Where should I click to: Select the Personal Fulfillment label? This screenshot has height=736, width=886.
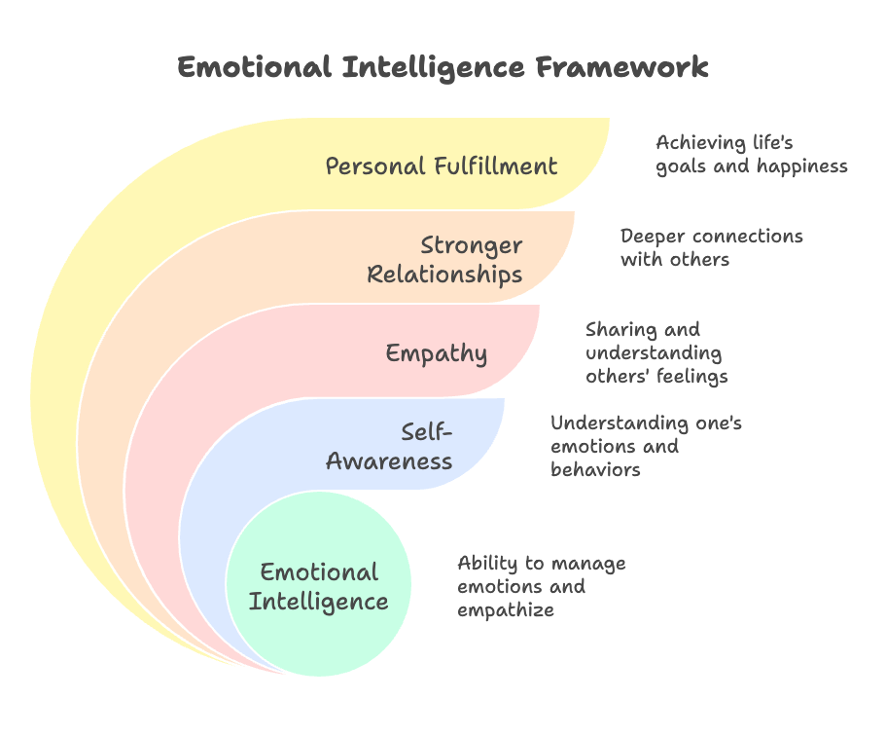[x=442, y=166]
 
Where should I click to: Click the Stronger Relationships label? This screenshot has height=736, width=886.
[x=444, y=260]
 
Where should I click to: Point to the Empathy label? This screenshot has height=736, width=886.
[x=436, y=352]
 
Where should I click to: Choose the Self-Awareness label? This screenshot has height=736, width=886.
[x=390, y=446]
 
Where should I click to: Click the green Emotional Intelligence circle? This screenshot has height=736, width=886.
[x=319, y=585]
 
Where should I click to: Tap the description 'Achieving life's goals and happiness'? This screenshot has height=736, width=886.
[x=751, y=155]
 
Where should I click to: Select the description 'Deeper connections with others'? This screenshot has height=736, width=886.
[x=711, y=247]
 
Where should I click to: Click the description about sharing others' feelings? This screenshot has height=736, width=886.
[x=656, y=352]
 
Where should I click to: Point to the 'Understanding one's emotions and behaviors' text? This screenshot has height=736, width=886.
[x=646, y=446]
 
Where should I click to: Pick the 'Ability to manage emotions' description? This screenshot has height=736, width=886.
[x=541, y=587]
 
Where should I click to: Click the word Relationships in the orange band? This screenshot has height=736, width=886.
[x=444, y=275]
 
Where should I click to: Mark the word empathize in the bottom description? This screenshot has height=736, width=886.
[x=506, y=610]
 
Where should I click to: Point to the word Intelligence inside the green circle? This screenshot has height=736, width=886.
[x=319, y=602]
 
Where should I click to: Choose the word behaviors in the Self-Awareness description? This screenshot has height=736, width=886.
[x=595, y=469]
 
